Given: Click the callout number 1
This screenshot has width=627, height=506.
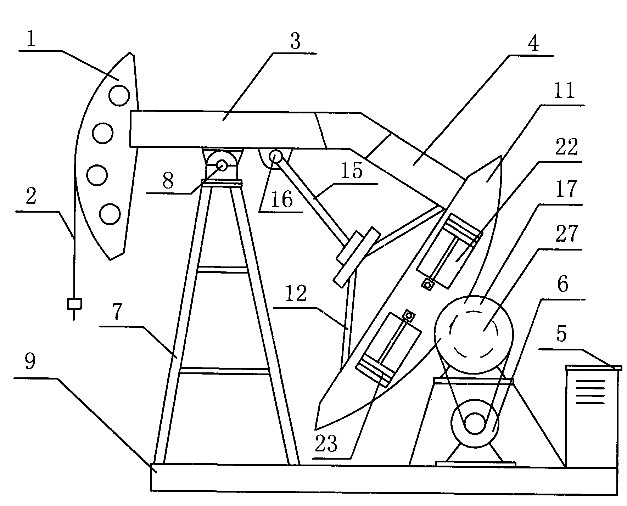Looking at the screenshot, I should (x=32, y=40).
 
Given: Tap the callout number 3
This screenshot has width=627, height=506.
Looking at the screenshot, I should (x=295, y=42).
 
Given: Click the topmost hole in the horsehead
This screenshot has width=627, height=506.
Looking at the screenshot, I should (x=119, y=95).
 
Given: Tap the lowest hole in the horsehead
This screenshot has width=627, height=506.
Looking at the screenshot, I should (x=110, y=214).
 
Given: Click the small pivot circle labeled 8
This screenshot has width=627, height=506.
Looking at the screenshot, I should (x=222, y=165).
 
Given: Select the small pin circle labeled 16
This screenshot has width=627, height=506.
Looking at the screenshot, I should (x=276, y=156).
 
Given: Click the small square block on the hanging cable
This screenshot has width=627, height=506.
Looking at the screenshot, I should (x=74, y=304).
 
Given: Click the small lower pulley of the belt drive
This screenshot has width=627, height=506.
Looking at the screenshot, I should (x=474, y=423).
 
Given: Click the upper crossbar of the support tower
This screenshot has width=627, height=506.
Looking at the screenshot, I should (x=222, y=270).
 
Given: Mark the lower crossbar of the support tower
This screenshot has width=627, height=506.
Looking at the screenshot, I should (x=224, y=371).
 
